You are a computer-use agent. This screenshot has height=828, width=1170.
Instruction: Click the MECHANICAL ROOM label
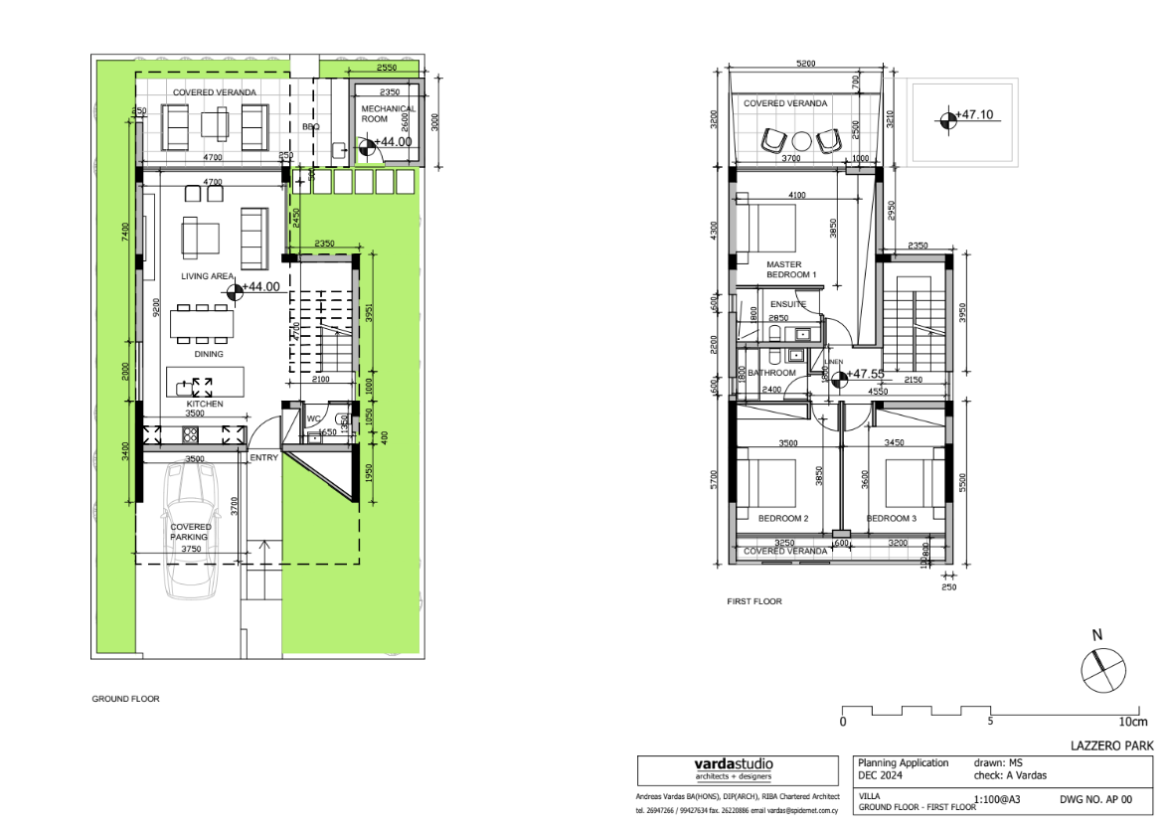(x=389, y=113)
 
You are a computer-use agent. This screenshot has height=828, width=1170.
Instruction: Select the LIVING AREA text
(x=207, y=276)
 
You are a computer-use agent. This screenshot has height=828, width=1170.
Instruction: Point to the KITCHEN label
(x=205, y=405)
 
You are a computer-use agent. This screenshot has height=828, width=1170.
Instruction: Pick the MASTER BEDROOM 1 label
(x=791, y=269)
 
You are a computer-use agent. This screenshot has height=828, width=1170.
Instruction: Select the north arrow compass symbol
(x=1103, y=672)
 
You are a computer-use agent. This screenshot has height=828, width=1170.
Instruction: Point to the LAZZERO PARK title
(x=1111, y=745)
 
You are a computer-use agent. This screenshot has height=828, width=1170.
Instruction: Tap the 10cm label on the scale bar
(x=1131, y=722)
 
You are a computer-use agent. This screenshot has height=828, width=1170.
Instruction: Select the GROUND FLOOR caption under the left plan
(x=125, y=699)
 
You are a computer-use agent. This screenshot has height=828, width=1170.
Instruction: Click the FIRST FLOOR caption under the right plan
(x=754, y=601)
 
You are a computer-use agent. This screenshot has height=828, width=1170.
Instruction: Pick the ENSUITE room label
(x=788, y=303)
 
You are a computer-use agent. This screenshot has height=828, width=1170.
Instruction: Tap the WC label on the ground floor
(x=313, y=418)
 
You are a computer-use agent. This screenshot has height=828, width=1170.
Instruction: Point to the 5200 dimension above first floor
(x=806, y=63)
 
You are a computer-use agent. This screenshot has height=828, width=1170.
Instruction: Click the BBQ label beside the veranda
(x=310, y=127)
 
